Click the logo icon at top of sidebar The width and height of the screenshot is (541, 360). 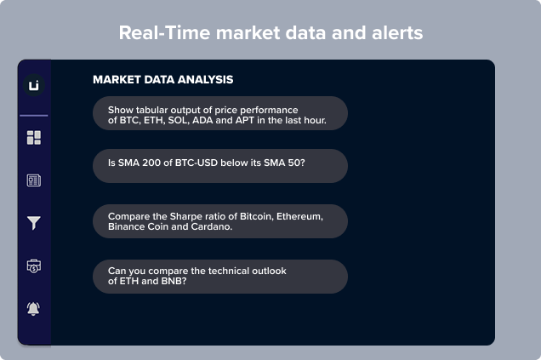(x=34, y=85)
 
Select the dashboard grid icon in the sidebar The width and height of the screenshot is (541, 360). (x=34, y=137)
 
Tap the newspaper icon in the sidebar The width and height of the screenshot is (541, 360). (x=34, y=180)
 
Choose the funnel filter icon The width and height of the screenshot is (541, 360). (x=34, y=223)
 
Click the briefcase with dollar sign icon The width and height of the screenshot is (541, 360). (x=34, y=266)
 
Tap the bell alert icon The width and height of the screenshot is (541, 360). (x=33, y=309)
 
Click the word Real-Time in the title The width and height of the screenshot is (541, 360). (x=164, y=33)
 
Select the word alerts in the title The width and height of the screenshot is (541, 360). (x=397, y=33)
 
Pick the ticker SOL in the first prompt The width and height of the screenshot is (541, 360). (x=179, y=120)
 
